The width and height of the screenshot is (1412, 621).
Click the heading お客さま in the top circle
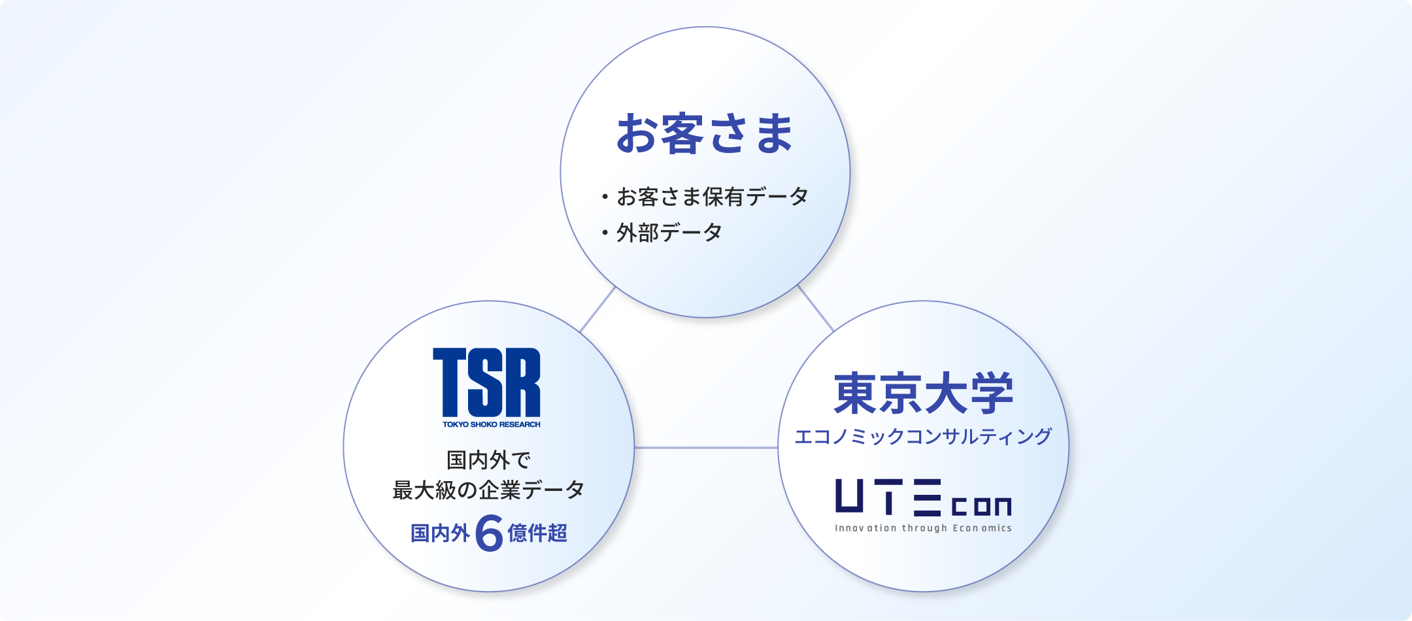click(x=705, y=133)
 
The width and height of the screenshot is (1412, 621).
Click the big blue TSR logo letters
click(x=486, y=382)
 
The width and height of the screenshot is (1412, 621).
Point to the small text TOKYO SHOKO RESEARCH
click(x=492, y=424)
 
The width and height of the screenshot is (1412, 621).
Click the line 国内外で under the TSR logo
click(x=488, y=460)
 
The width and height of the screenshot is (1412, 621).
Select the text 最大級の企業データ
click(x=488, y=490)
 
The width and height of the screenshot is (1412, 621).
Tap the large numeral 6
click(x=489, y=533)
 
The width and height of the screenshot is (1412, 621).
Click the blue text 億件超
click(x=537, y=533)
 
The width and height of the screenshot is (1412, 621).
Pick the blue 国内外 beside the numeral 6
click(x=440, y=533)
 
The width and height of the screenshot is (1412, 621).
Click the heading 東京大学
click(x=923, y=394)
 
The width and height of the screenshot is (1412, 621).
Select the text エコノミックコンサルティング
click(x=923, y=436)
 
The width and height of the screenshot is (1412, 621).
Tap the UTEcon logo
click(x=923, y=497)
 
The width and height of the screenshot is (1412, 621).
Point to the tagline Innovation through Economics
click(x=923, y=528)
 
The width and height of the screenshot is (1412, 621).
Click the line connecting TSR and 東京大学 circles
click(x=706, y=448)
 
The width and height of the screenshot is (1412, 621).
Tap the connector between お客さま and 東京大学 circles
click(x=815, y=308)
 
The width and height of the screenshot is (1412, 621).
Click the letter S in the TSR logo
click(x=487, y=382)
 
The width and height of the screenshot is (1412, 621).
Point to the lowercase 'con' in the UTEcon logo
click(x=981, y=506)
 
